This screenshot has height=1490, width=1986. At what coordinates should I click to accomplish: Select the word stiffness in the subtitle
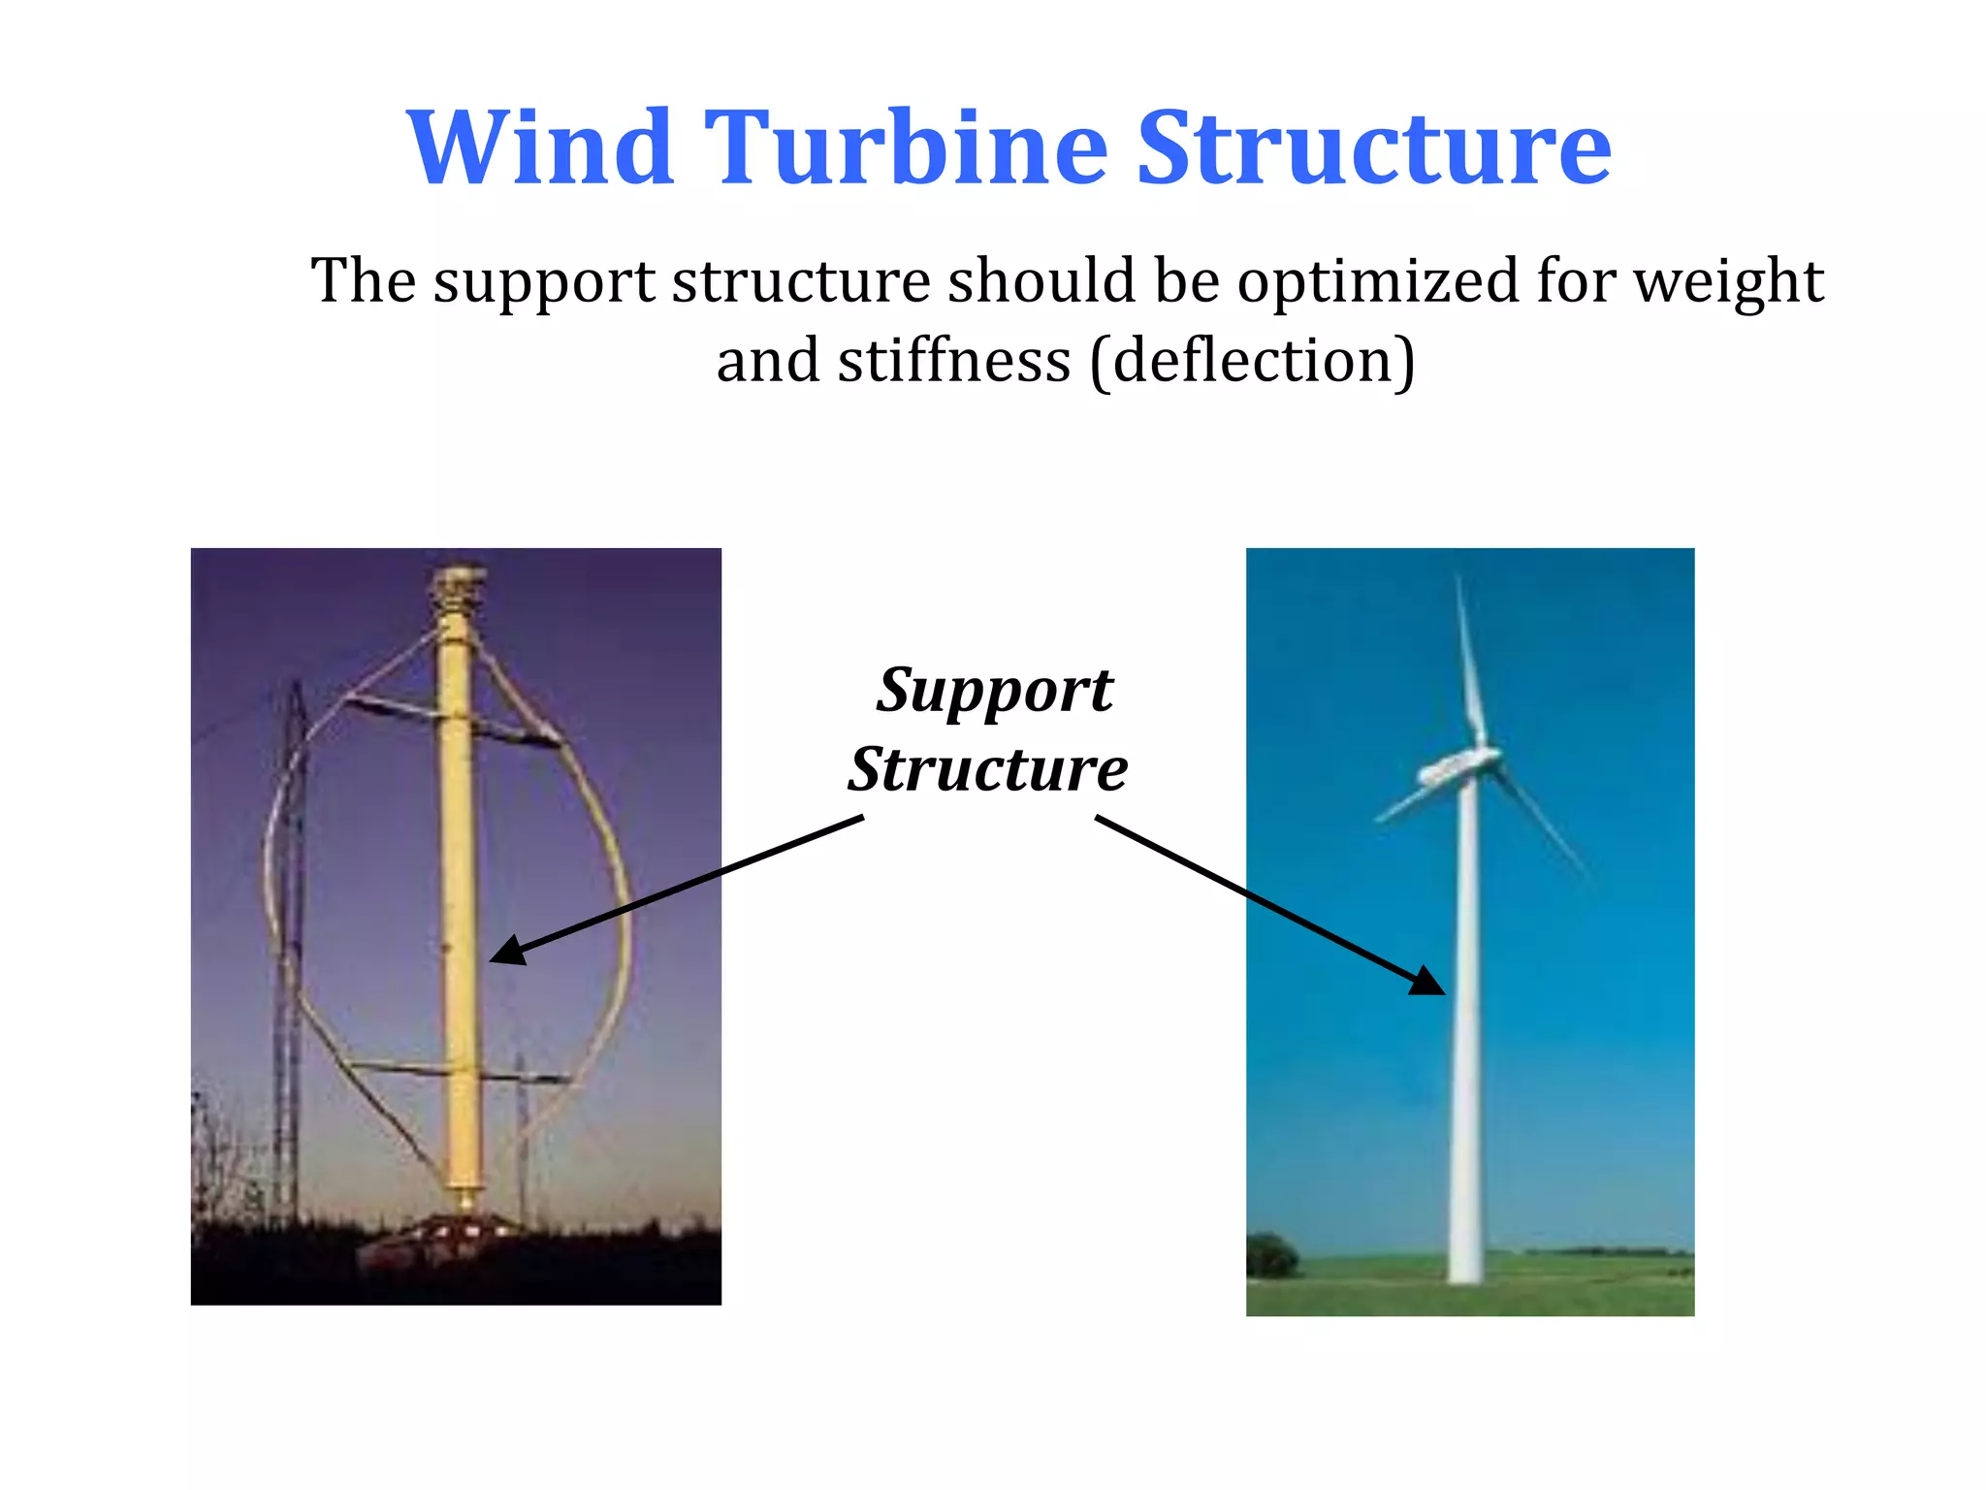click(x=954, y=361)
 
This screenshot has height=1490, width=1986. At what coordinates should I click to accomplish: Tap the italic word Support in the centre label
click(x=994, y=691)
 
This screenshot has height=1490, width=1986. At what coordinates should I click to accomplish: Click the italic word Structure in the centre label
click(x=987, y=769)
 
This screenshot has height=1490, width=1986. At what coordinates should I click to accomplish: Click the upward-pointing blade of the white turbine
click(x=1469, y=660)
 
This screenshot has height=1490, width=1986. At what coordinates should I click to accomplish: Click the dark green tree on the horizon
click(x=1270, y=1255)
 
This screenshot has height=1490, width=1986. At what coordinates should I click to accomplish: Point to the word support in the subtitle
click(x=543, y=282)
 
